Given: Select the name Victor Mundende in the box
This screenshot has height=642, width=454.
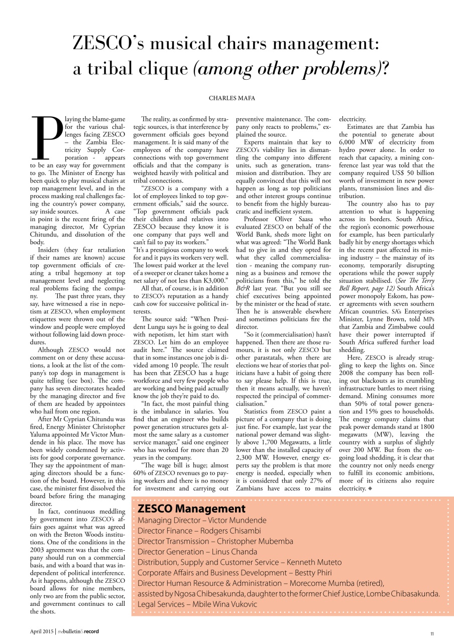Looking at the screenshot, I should point(237,520).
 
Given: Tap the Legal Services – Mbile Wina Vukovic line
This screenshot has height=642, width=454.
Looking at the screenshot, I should point(197,604).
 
